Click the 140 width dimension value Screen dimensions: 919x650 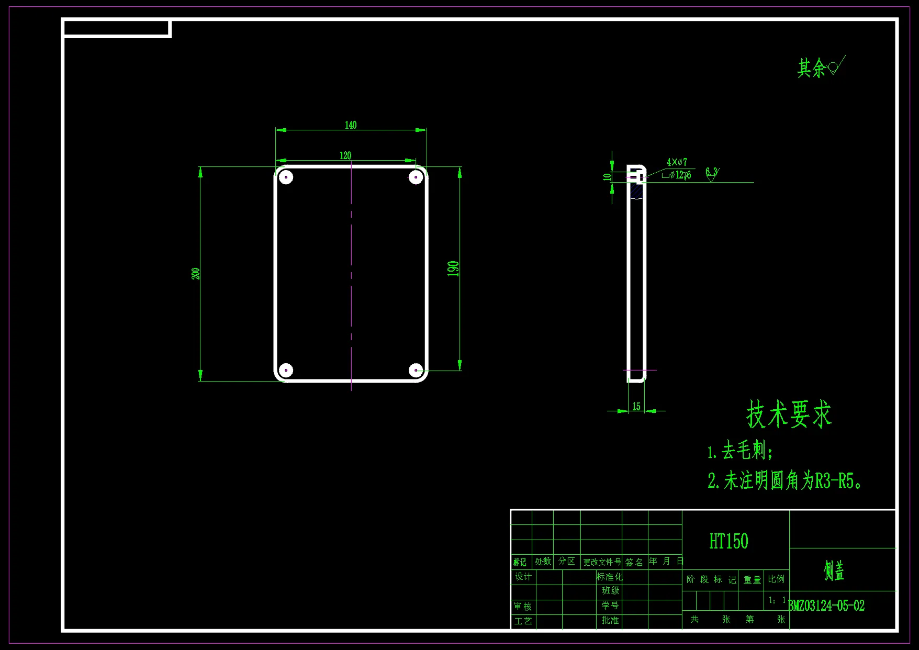pos(351,125)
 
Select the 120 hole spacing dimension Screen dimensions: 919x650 pos(345,155)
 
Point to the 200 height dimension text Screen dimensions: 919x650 pos(196,274)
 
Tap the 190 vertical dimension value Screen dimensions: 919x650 pos(453,268)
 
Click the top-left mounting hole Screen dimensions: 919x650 pos(286,177)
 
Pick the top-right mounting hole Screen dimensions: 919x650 pos(416,177)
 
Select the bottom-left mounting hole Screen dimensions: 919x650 pos(286,371)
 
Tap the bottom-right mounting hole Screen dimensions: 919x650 pos(416,371)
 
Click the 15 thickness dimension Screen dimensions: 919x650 pos(636,406)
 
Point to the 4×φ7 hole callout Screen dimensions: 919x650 pos(677,162)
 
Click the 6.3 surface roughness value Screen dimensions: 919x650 pos(711,172)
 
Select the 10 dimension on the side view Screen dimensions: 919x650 pos(607,177)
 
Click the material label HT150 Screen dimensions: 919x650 pos(729,541)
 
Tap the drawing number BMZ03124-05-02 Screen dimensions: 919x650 pos(826,606)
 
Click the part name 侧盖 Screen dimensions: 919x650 pos(834,570)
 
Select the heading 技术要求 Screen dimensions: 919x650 pos(789,414)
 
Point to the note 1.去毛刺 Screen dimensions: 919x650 pos(739,451)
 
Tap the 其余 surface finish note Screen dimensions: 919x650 pos(811,68)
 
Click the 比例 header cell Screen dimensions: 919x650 pos(776,579)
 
